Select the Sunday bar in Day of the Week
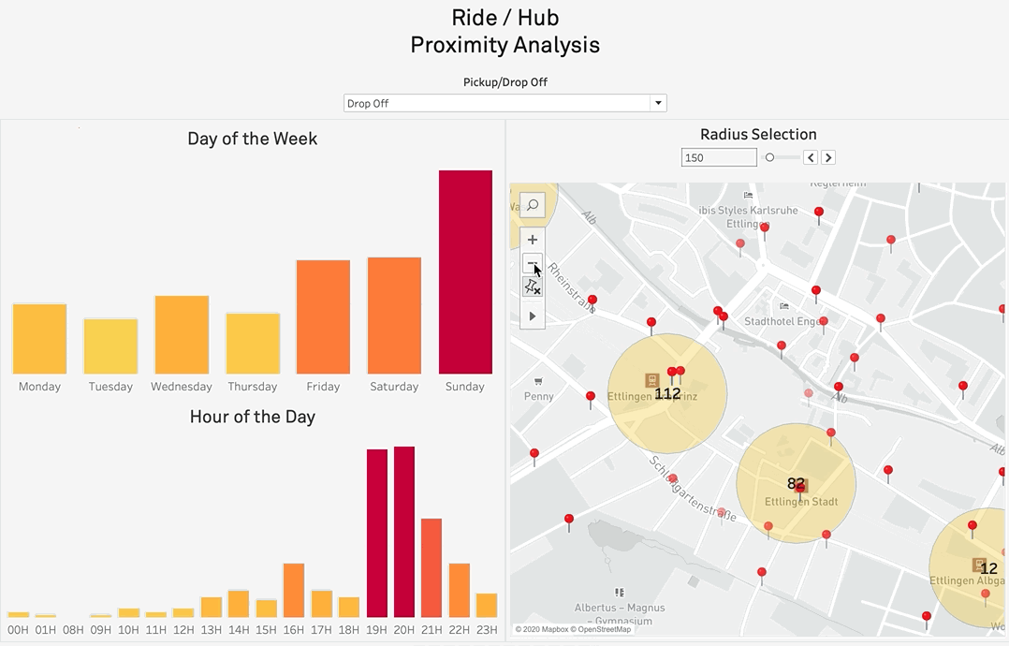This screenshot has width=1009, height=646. (465, 272)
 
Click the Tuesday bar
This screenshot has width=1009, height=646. (110, 346)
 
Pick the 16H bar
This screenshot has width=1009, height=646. (294, 590)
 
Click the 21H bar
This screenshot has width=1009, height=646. (431, 567)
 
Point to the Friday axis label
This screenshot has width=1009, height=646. (323, 387)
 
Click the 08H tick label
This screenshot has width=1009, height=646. (73, 630)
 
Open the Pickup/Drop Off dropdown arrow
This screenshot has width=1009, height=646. (658, 103)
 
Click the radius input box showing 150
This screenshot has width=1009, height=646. (718, 157)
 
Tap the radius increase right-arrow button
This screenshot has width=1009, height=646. (828, 157)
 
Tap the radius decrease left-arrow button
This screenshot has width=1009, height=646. (812, 157)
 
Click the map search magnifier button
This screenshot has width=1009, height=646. (532, 205)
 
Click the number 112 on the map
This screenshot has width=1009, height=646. (667, 394)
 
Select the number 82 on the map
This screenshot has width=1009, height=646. (796, 484)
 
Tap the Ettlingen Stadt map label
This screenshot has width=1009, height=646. (800, 502)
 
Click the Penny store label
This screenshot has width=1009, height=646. (538, 396)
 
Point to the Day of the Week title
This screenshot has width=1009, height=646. (252, 139)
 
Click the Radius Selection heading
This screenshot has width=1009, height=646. (758, 135)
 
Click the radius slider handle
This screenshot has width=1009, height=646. (769, 157)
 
